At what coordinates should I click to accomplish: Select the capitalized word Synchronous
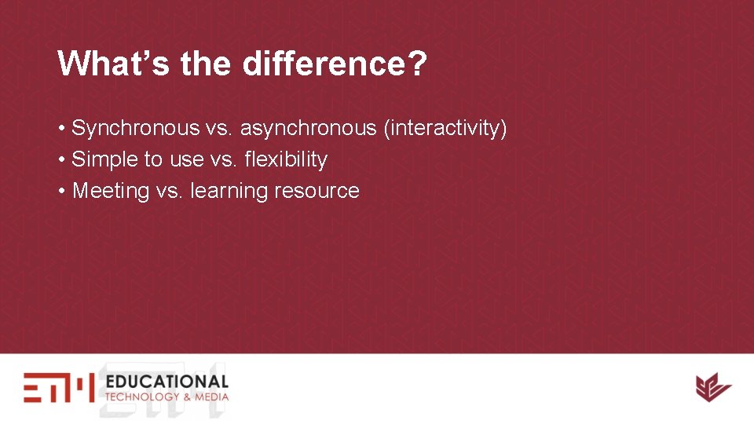coord(135,128)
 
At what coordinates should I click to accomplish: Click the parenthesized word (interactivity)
coord(445,128)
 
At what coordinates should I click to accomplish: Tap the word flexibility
coord(286,159)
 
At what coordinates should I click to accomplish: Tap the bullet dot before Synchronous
coord(61,128)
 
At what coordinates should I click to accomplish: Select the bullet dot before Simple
coord(61,159)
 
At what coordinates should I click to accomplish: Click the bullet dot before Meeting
coord(61,191)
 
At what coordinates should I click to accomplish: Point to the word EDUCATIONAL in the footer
coord(167,382)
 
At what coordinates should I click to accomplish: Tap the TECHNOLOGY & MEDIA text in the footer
coord(167,397)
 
